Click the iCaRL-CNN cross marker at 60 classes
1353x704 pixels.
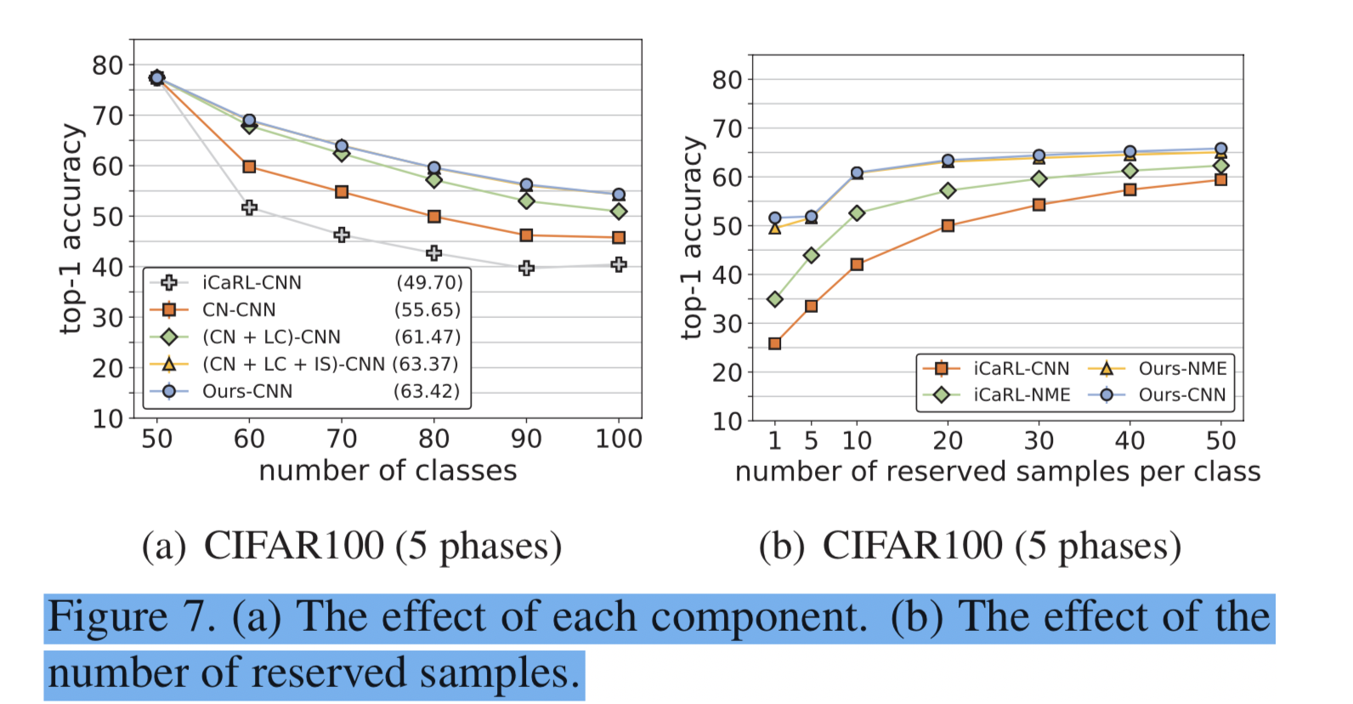point(249,207)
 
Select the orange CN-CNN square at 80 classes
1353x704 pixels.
point(434,217)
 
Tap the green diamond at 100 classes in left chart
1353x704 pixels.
point(619,211)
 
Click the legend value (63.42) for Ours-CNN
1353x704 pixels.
point(427,391)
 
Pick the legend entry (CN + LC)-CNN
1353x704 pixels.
point(271,338)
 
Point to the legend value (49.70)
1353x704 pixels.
point(429,282)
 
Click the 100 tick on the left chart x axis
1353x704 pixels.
point(618,439)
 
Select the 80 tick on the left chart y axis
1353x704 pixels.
point(108,65)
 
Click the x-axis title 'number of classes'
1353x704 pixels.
point(388,470)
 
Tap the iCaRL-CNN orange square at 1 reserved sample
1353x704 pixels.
point(774,343)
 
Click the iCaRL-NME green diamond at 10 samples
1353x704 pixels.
point(857,213)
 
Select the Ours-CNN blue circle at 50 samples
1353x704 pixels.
point(1221,149)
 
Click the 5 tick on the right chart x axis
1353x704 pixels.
point(811,440)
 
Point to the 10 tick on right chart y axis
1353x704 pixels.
point(727,421)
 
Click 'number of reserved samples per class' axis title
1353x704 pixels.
point(998,472)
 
